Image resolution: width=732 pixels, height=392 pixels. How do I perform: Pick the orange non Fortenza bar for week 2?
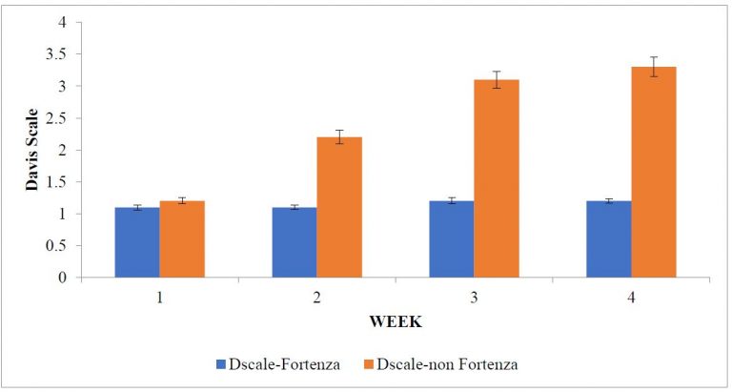339,208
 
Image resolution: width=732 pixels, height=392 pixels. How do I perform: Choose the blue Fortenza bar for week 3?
451,239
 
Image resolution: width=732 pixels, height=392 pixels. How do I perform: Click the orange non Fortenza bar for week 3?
497,179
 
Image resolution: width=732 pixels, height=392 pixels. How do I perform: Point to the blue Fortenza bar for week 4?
608,239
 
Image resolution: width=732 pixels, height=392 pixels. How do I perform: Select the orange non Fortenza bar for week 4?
654,173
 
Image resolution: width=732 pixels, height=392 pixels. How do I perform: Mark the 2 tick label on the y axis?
61,151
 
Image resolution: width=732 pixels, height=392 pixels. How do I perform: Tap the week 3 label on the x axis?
474,297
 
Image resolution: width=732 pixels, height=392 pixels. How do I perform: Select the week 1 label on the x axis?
160,297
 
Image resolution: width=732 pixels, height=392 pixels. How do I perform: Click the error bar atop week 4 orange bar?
654,67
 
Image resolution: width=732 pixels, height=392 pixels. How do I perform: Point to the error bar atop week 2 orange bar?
339,136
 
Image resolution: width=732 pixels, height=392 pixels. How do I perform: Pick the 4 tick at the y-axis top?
61,23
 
